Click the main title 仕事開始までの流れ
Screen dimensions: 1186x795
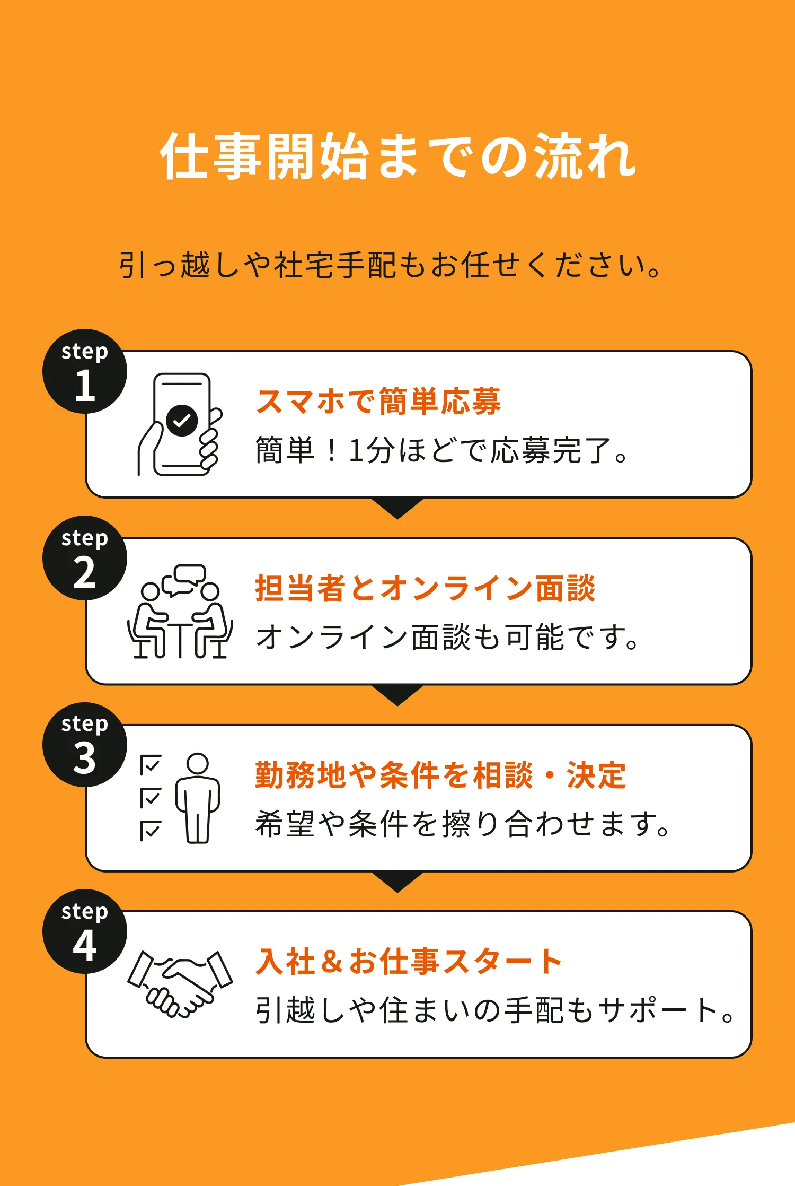(x=397, y=156)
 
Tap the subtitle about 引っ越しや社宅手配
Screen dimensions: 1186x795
(x=390, y=265)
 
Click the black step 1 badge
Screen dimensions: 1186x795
(x=85, y=371)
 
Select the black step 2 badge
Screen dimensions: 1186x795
(x=85, y=558)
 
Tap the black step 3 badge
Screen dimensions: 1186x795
(x=85, y=745)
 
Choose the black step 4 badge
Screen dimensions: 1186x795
(x=85, y=931)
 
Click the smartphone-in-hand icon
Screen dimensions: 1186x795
(x=180, y=424)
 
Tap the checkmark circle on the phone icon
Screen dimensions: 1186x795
(x=182, y=421)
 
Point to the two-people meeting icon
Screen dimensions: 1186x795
(x=180, y=615)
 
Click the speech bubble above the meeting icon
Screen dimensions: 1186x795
(x=185, y=577)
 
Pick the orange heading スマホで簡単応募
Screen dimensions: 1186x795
(x=378, y=402)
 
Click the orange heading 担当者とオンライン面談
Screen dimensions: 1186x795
(x=425, y=588)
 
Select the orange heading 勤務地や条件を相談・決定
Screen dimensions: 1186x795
(x=440, y=775)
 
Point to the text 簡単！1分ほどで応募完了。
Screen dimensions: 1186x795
(x=442, y=450)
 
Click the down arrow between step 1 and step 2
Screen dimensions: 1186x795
(x=397, y=508)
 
